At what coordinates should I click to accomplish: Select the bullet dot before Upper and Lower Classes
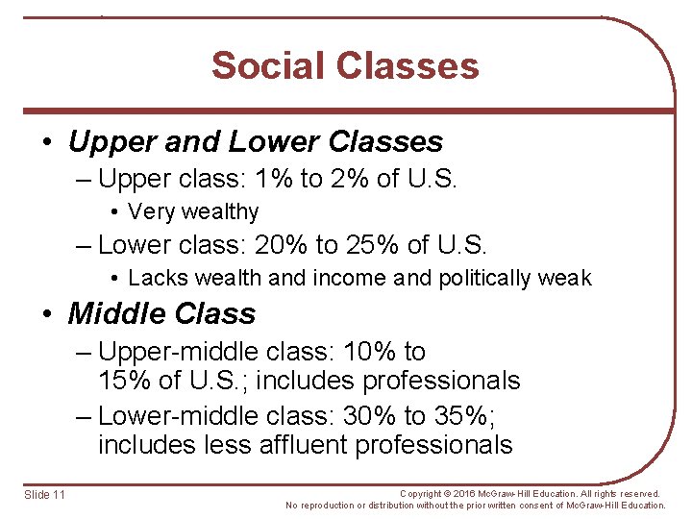47,143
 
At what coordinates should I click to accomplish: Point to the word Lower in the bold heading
273,142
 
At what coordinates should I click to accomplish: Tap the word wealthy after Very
220,212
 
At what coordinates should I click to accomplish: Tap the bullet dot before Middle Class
47,314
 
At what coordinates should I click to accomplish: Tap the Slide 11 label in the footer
45,494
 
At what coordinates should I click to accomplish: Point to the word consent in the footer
528,505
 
